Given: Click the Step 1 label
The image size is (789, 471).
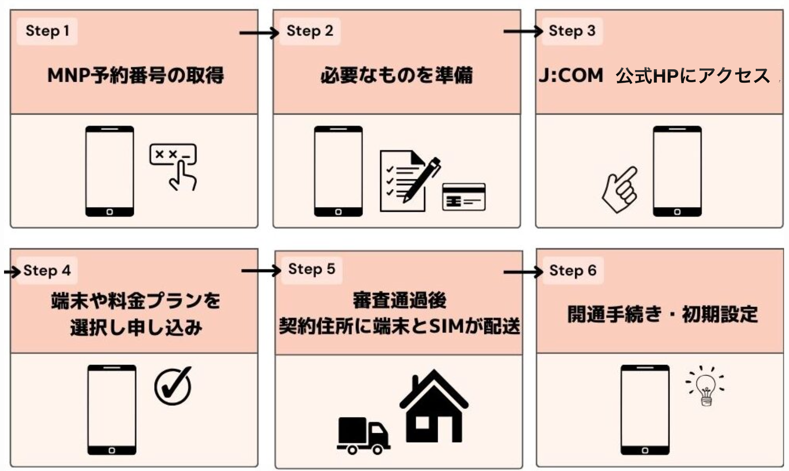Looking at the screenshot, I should point(47,31).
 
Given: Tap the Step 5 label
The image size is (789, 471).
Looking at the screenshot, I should point(311,269).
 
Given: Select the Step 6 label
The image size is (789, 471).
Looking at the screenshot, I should point(572,271).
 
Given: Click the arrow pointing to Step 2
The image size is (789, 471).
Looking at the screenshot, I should point(259,33).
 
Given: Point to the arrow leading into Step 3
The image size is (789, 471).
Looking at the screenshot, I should point(523,31).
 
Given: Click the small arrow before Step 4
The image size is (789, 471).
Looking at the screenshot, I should point(13,271).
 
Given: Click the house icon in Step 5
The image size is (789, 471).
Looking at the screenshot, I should point(434,407).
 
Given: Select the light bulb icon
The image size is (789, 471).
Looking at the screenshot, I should point(705,387).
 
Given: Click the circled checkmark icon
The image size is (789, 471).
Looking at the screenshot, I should point(173,386).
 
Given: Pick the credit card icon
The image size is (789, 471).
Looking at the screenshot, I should point(464,196).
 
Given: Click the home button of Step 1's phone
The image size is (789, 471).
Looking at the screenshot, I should point(110,212).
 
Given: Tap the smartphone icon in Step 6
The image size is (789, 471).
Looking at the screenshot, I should point(645,409).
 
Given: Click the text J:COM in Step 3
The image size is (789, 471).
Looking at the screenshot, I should point(571,76).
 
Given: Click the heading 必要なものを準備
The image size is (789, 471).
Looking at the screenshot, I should point(396,76).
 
